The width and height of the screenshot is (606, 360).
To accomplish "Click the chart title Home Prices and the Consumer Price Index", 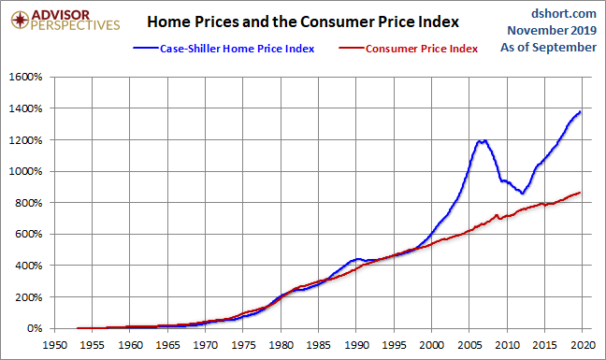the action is click(303, 22).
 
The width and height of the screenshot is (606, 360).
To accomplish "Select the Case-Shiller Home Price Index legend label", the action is click(237, 49).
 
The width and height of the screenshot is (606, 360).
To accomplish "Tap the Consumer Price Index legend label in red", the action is click(422, 49).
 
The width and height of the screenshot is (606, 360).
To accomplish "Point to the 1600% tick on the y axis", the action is click(25, 77).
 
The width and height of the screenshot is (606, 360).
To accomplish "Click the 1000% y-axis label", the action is click(25, 171).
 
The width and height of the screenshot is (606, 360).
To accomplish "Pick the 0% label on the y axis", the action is click(35, 328).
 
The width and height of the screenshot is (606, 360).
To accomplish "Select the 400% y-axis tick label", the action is click(29, 266).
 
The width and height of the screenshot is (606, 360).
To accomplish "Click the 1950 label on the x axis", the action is click(54, 345).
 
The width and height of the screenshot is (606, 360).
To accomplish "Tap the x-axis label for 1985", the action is click(319, 345).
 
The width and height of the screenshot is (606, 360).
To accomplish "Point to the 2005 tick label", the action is click(469, 345).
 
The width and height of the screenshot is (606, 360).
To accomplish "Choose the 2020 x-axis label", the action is click(583, 345).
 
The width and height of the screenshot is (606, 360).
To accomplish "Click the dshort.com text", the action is click(564, 14).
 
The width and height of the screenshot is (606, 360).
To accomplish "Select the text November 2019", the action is click(552, 31).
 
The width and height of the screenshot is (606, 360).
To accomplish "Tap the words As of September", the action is click(548, 48).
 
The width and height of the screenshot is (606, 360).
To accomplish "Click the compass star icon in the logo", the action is click(20, 20).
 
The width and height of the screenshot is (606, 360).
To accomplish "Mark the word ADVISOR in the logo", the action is click(60, 15).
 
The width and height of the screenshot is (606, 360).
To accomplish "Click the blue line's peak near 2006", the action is click(479, 140).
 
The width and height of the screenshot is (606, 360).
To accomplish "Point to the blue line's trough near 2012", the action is click(522, 193).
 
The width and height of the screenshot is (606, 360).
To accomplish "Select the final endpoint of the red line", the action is click(580, 193).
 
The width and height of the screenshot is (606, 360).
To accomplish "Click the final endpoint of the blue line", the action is click(580, 112).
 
